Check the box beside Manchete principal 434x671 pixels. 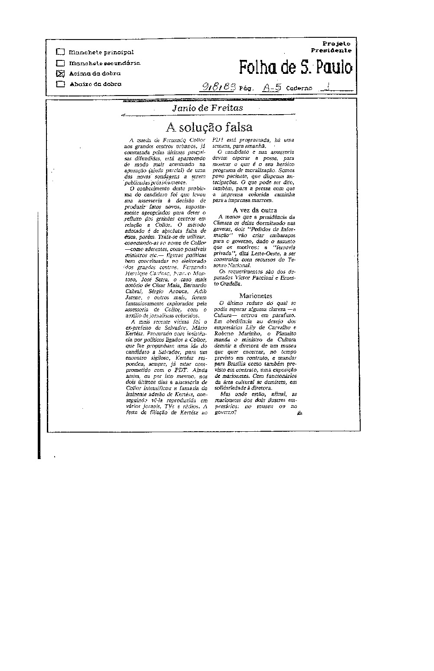click(60, 53)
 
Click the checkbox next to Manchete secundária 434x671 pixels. click(60, 63)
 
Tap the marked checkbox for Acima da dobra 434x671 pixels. click(60, 73)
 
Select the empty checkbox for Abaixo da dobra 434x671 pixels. click(60, 84)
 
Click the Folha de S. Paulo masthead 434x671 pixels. click(296, 68)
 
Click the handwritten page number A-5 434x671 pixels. click(272, 87)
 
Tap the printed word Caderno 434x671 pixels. click(299, 88)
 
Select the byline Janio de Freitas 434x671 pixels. click(207, 108)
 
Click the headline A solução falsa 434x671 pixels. click(209, 127)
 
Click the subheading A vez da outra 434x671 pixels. click(255, 210)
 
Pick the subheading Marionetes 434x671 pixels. click(255, 296)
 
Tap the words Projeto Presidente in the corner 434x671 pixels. click(337, 47)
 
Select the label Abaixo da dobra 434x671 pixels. click(95, 84)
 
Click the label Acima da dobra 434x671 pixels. click(95, 73)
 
